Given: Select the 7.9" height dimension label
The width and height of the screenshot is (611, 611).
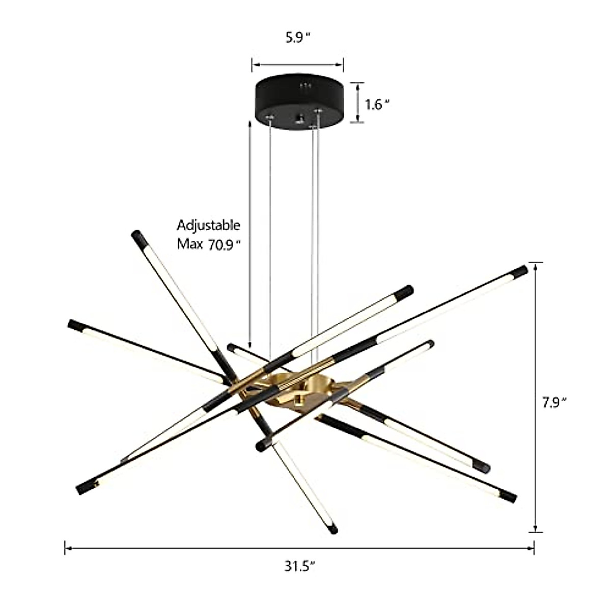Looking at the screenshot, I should pyautogui.click(x=554, y=403).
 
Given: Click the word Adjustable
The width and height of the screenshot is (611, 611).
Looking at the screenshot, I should pyautogui.click(x=208, y=226).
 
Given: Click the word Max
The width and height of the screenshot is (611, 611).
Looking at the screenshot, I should pyautogui.click(x=190, y=244).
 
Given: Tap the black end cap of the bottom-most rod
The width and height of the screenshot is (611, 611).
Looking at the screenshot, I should pyautogui.click(x=332, y=529).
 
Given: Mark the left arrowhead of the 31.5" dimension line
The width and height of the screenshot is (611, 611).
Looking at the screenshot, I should pyautogui.click(x=67, y=548).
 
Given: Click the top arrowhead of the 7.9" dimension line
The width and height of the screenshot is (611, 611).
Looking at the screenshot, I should pyautogui.click(x=535, y=265).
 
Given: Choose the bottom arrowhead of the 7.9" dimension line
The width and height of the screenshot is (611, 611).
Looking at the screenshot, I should pyautogui.click(x=535, y=530).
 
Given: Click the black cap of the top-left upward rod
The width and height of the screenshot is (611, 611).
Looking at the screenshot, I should pyautogui.click(x=138, y=237).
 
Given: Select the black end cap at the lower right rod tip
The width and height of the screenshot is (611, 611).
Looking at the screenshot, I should pyautogui.click(x=508, y=496).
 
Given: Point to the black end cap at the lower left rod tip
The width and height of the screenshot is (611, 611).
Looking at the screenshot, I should pyautogui.click(x=84, y=488).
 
